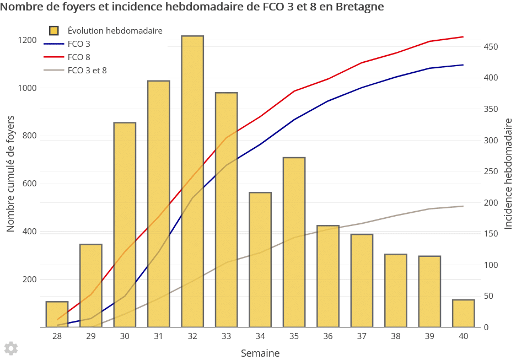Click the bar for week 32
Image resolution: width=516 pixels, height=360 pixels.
[x=192, y=182]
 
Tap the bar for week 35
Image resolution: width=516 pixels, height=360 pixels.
[x=294, y=243]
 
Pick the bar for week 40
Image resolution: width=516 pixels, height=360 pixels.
[x=463, y=313]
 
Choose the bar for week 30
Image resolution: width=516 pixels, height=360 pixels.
[x=125, y=225]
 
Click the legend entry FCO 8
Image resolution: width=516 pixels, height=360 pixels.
[x=79, y=57]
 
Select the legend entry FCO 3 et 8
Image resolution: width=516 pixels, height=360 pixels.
[x=87, y=70]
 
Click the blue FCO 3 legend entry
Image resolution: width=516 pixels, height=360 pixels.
[x=79, y=44]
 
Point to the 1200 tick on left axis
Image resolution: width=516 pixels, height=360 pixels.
[x=26, y=40]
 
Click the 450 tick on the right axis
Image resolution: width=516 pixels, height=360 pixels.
[x=492, y=47]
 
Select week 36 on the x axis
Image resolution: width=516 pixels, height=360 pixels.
[x=328, y=336]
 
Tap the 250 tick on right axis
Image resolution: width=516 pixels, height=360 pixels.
[x=492, y=171]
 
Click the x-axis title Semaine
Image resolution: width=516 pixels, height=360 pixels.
[x=260, y=353]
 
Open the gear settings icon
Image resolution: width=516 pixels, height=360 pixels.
[x=11, y=348]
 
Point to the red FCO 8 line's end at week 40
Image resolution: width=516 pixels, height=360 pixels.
[x=463, y=37]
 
